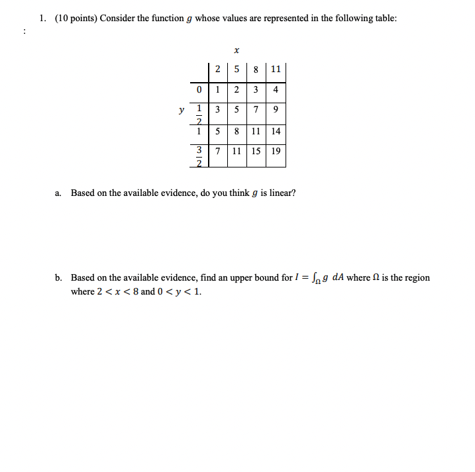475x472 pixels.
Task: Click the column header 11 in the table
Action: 276,69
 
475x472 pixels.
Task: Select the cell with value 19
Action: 276,151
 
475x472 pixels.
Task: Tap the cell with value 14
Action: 276,131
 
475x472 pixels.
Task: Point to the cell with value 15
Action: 256,151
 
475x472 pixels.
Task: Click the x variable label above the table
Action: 237,49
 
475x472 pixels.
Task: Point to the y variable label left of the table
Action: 181,111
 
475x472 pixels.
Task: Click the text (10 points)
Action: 76,18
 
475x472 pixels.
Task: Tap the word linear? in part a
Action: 282,193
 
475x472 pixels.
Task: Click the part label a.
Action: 58,193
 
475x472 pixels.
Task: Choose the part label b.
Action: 58,277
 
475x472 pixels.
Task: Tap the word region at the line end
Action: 417,277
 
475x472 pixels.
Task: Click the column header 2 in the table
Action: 219,69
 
